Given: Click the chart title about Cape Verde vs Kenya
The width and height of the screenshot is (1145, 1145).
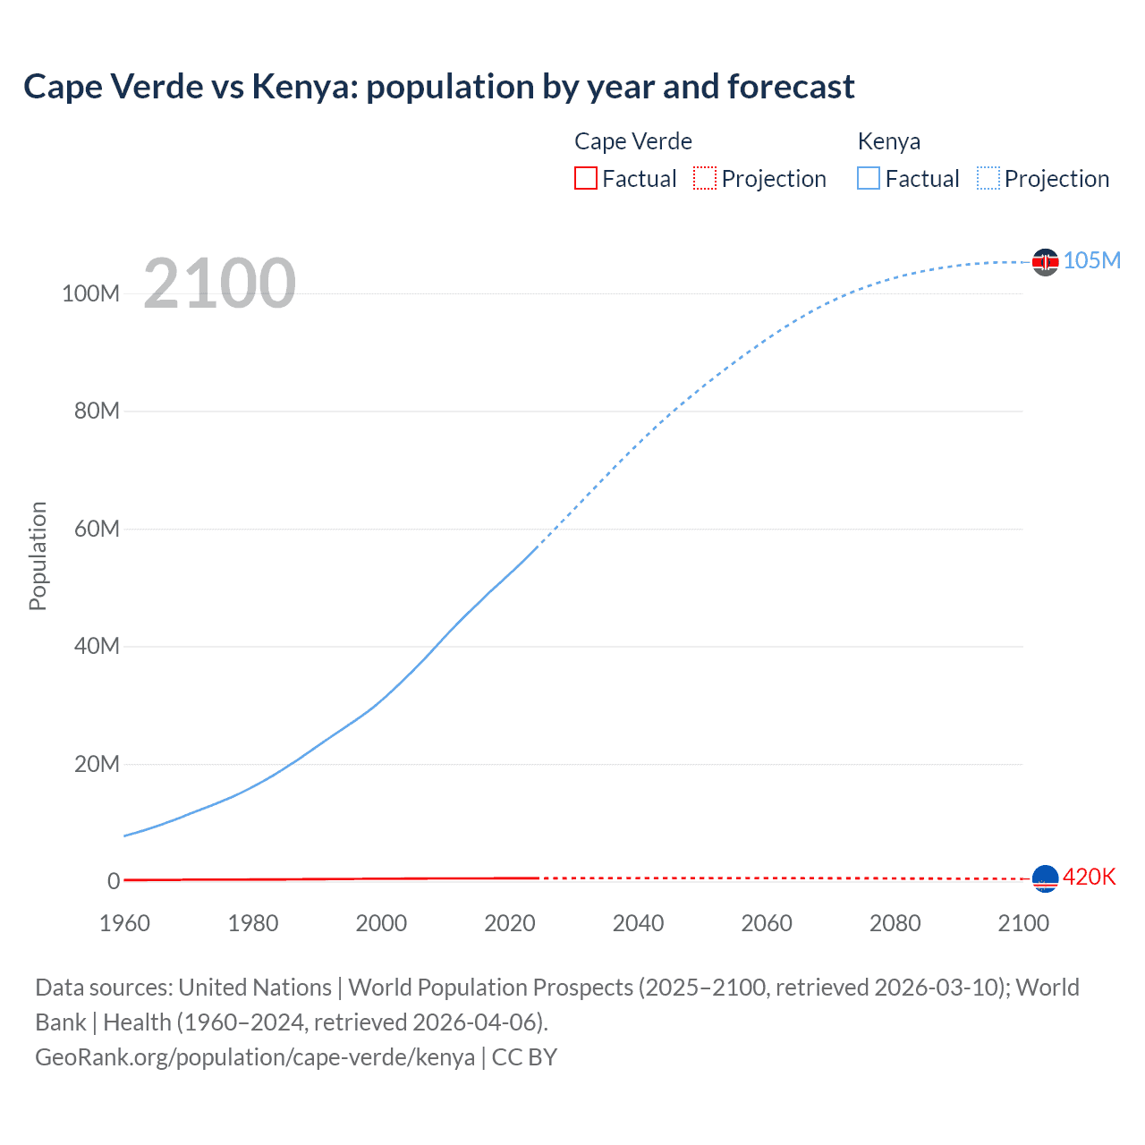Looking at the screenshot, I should tap(438, 87).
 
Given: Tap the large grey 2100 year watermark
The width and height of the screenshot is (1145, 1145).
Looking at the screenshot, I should tap(219, 283).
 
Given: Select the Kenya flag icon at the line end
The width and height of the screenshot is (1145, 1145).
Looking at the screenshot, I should tap(1045, 261).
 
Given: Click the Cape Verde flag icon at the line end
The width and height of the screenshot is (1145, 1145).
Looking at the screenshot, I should tap(1045, 878).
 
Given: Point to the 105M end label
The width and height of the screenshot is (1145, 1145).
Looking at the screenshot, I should tap(1091, 260).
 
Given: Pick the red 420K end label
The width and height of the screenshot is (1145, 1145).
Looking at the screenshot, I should tap(1089, 877).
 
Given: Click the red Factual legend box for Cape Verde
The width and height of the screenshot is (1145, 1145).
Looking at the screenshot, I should tap(586, 178).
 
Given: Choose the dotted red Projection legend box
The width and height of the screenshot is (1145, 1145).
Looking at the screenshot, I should tap(705, 178).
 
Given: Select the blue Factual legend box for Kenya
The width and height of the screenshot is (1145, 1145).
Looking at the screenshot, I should tap(869, 178).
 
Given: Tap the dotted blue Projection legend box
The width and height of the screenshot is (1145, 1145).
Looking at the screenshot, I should tap(988, 178).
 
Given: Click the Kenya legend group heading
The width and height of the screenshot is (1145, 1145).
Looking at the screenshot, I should tap(888, 141).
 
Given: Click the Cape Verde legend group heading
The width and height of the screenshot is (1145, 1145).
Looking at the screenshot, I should tap(632, 141).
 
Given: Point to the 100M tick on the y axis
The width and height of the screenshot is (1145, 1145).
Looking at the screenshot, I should tap(90, 293).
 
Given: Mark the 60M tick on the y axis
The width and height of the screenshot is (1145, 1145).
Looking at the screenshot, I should tap(97, 529).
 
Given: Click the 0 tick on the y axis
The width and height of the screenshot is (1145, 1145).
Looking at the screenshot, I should tap(114, 881).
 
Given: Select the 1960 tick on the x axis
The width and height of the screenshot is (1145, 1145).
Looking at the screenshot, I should tap(124, 923).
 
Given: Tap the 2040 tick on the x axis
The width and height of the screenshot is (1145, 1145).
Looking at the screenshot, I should tap(638, 923).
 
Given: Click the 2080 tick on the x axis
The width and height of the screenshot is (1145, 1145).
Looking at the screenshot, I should tap(895, 923).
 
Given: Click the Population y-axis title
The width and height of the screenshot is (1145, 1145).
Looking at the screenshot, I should tap(38, 556).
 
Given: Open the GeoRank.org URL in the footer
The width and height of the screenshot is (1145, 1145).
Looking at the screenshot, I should tap(255, 1057).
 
